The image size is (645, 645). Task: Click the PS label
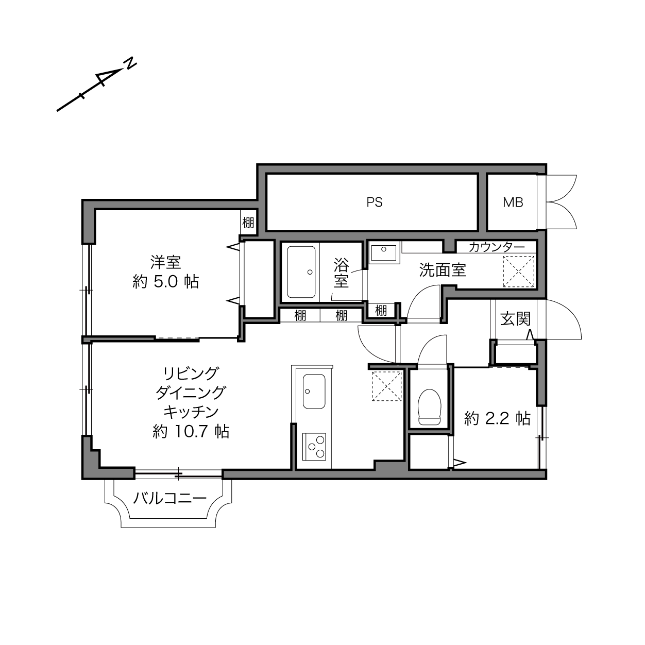coord(374,202)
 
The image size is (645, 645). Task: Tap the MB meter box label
coord(513,202)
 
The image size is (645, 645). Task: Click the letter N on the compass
coord(130,63)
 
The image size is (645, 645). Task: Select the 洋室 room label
coord(166,262)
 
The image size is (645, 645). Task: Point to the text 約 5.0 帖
coord(166,282)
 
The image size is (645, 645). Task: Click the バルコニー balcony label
coord(169,498)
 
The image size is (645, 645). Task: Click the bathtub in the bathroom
coord(301,272)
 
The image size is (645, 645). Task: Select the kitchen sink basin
coord(314,392)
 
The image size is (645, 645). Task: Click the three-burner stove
coord(314,447)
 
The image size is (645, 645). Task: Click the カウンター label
coord(497,247)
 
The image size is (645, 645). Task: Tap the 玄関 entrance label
coord(516,319)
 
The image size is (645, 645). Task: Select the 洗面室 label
coord(443,270)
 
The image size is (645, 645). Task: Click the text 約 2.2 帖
coord(497,418)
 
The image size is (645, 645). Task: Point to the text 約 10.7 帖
coord(191,431)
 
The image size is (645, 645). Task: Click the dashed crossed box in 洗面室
coord(519,271)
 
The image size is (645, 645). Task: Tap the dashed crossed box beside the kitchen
coord(386,386)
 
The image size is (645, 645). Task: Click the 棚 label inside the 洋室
coord(248,222)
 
